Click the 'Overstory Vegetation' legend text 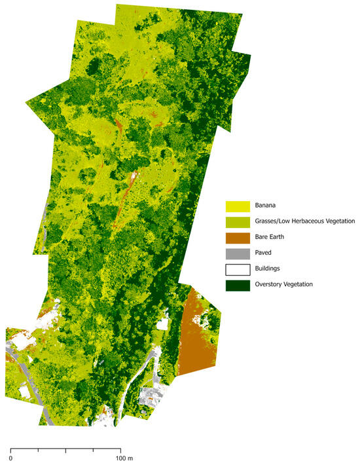[x=293, y=284]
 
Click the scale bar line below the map [x=65, y=449]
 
